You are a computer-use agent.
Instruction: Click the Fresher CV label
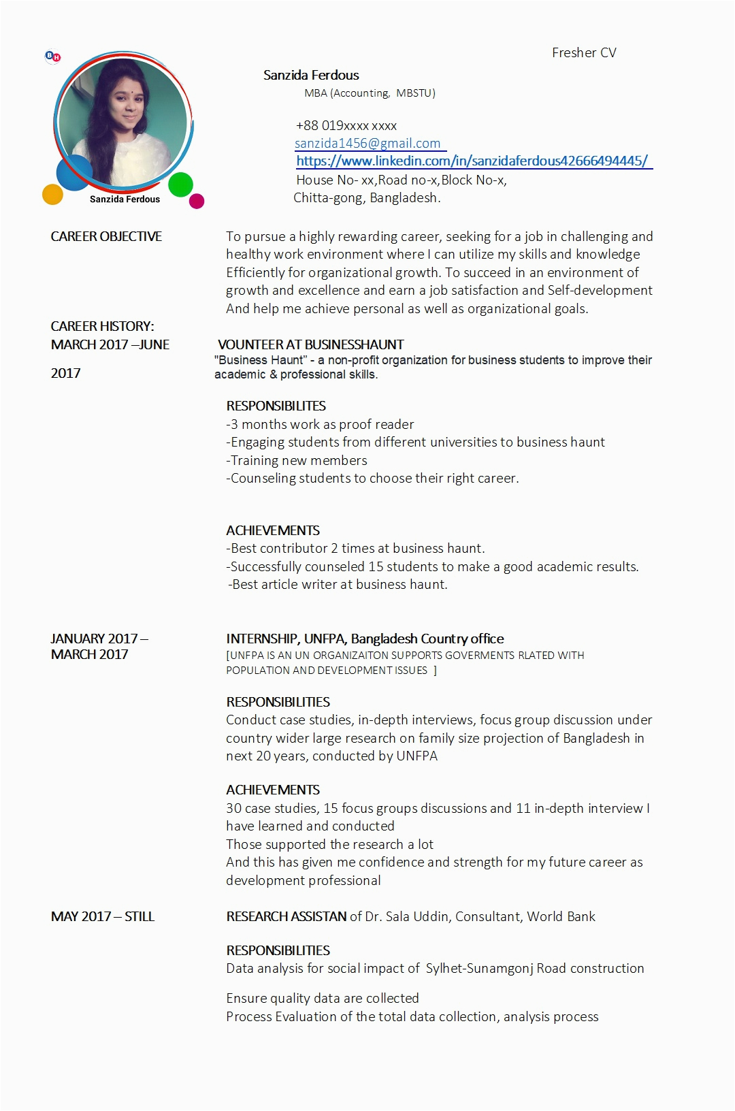point(584,53)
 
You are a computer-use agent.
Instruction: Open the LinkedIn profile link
point(472,161)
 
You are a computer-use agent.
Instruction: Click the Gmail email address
point(367,144)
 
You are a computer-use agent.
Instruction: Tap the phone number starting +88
point(346,126)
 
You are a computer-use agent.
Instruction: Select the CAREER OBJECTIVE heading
point(106,237)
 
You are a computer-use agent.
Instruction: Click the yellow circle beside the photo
point(52,195)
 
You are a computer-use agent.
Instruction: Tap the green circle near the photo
point(180,184)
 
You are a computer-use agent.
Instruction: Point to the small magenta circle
point(197,201)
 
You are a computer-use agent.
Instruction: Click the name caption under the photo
point(125,199)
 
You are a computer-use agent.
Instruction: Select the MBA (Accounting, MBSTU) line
point(370,93)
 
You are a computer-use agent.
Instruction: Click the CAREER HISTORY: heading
point(102,327)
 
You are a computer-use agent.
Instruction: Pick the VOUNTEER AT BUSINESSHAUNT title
point(311,345)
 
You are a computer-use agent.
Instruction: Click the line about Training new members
point(297,461)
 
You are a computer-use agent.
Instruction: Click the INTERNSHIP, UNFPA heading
point(365,639)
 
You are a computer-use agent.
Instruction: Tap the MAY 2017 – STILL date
point(103,917)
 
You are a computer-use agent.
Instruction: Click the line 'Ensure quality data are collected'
point(323,999)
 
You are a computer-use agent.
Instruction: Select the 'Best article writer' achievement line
point(338,585)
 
